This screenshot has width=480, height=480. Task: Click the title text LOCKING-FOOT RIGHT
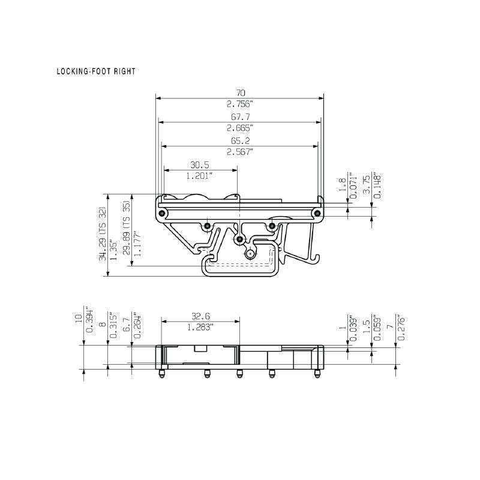coord(96,71)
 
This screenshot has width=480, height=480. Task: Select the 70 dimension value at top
coord(240,93)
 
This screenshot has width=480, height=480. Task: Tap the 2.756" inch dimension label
coord(240,104)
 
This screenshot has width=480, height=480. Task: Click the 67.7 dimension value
coord(240,117)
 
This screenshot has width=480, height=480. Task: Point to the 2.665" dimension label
coord(240,128)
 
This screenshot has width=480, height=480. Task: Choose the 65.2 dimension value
coord(240,141)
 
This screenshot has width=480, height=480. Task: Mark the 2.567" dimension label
coord(240,152)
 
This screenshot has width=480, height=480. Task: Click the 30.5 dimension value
coord(200,165)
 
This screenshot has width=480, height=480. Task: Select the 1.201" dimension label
coord(200,176)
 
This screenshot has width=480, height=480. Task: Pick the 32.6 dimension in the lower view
coord(200,316)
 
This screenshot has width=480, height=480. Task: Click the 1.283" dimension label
coord(200,327)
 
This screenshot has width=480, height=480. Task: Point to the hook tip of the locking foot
coord(313,260)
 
